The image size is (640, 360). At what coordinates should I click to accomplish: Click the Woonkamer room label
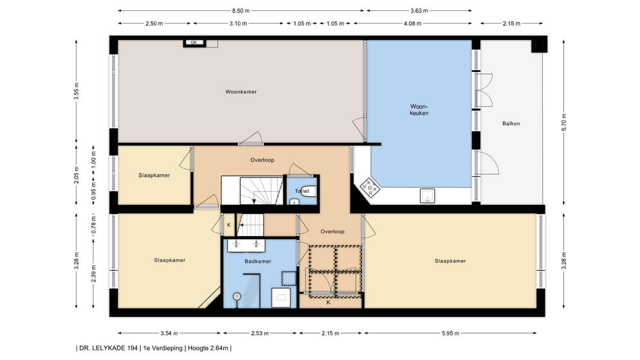coord(241,92)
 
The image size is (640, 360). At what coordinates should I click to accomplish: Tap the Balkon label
coord(511,123)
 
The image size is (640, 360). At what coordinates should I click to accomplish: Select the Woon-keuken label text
coord(419,110)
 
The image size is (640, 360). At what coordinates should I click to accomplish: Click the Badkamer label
coord(258,261)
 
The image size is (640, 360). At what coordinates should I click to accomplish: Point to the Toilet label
coord(302,191)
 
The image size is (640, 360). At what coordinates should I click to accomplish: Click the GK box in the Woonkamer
coord(194,42)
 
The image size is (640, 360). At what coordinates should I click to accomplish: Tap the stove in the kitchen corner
coord(370,188)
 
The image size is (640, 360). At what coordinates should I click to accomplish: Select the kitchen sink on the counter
coord(427,196)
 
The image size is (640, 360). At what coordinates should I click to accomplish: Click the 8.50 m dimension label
coord(241,11)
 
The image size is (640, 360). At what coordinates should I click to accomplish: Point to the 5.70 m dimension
coord(564,122)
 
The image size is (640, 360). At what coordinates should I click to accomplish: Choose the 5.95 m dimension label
coord(451,333)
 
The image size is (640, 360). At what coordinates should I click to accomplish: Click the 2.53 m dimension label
coord(260,333)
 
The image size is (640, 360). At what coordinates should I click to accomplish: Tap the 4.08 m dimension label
coord(413,23)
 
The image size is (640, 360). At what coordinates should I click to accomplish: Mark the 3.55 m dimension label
coord(77,91)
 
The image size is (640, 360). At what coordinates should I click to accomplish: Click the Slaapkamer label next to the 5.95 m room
coord(450,261)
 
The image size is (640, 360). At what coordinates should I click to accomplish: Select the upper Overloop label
coord(262,160)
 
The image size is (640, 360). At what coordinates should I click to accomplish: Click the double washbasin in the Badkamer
coord(246,245)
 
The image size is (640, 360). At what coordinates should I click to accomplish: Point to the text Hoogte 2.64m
coord(208,348)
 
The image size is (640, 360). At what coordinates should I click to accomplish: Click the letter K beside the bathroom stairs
coord(228,225)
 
